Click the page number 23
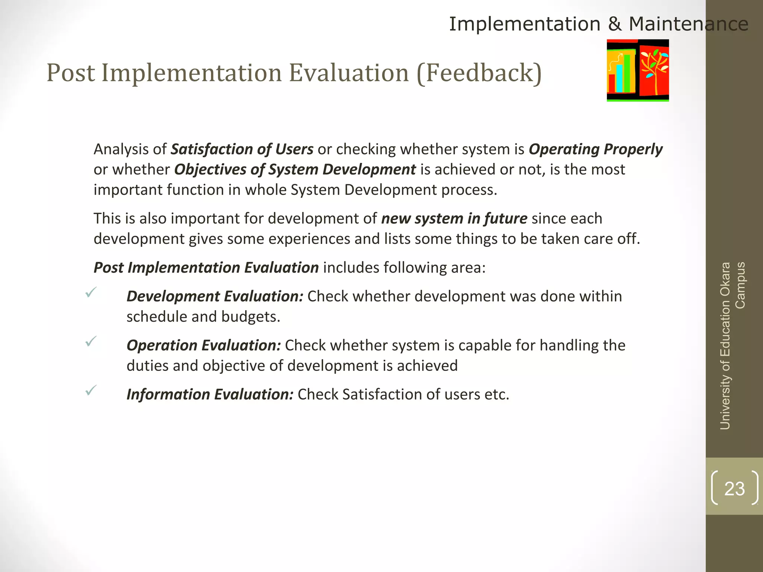(734, 489)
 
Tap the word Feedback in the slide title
(479, 73)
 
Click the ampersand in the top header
(614, 24)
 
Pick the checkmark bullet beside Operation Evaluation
(91, 341)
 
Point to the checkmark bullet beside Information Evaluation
(91, 390)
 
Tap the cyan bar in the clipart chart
(619, 78)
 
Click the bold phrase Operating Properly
(595, 149)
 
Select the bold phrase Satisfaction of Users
(242, 149)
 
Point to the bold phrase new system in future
(454, 219)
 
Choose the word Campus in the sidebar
(740, 285)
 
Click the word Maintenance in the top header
(688, 24)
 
